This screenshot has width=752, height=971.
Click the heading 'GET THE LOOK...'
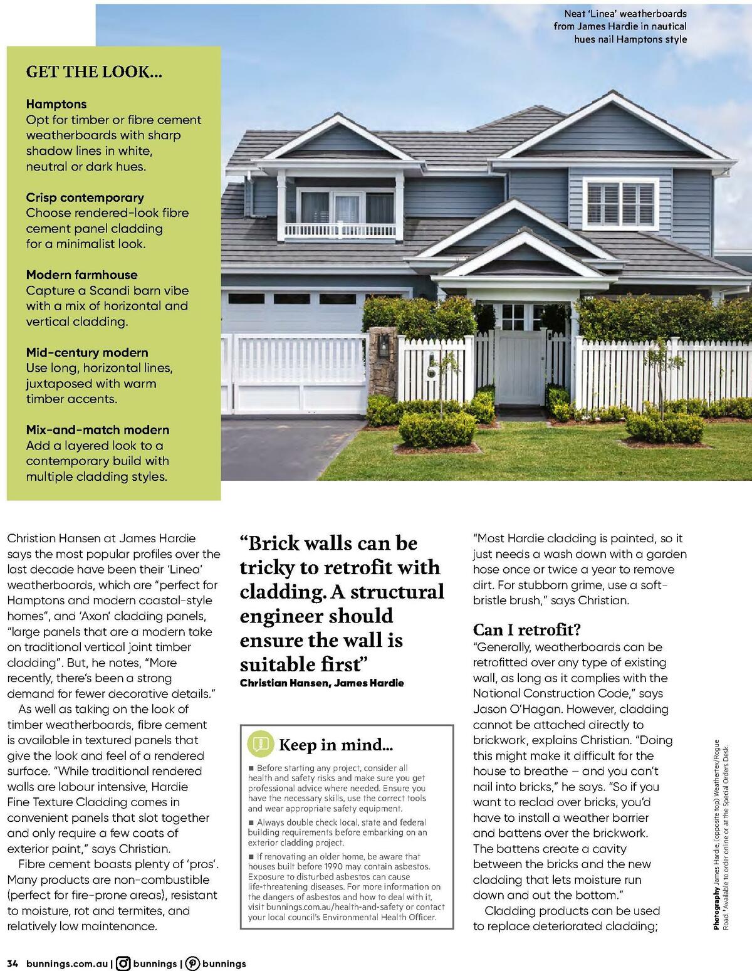94,71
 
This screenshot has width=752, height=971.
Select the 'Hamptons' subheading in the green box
56,104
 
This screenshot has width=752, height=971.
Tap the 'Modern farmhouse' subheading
81,275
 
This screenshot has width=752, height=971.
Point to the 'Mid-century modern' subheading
87,352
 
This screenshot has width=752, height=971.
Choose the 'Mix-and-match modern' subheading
98,430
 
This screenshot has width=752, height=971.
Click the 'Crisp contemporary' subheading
85,197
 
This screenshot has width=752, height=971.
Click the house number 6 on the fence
432,371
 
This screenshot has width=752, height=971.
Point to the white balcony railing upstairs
340,231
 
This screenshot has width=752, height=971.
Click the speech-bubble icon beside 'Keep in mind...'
260,744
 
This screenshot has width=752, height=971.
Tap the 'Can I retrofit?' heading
527,629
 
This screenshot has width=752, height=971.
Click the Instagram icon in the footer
124,963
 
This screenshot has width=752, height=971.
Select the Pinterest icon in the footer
193,963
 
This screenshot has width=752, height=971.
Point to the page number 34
13,963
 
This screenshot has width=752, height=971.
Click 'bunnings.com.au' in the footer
67,963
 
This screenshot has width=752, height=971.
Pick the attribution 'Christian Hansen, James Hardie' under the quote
322,683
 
